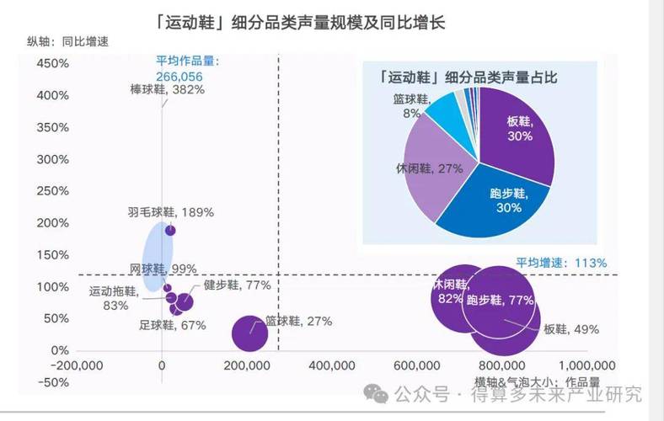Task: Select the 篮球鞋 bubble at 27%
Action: pos(249,333)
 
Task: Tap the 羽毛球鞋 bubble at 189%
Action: pos(170,230)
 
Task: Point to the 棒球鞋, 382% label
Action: pos(168,89)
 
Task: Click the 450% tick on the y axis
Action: pos(52,64)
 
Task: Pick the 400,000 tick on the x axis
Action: pos(332,365)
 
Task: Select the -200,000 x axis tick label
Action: pos(78,365)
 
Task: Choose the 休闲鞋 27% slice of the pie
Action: pos(430,168)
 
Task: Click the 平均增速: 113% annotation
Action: pos(560,263)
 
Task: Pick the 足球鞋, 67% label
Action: pos(172,326)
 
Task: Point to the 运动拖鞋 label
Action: pos(115,291)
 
